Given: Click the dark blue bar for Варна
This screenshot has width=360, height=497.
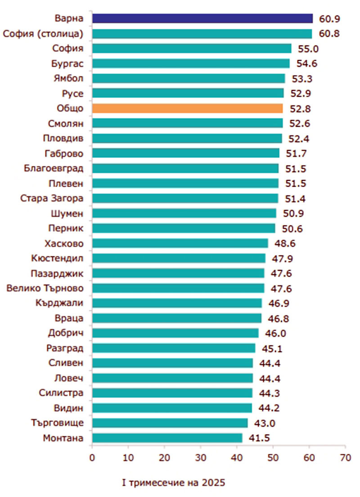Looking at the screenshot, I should point(202,18).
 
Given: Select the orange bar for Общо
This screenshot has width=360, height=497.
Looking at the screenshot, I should point(187,108).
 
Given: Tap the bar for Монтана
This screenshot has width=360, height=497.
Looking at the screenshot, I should point(167,438).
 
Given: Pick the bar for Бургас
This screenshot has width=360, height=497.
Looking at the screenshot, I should point(191,63).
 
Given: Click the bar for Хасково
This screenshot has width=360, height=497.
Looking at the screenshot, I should point(180,243).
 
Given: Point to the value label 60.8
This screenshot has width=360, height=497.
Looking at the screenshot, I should point(330,34).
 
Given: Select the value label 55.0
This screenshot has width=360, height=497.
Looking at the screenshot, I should point(309,49).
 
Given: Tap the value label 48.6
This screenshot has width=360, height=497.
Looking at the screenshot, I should point(286,243).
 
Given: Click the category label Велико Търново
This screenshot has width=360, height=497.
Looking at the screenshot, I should point(45,288).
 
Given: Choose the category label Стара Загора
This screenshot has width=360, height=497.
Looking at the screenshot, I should point(52,198).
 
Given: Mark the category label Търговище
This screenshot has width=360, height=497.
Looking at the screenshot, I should point(58,423).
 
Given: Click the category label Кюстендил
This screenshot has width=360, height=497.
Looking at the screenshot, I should point(58,258).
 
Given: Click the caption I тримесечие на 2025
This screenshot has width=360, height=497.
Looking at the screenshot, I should point(174,483).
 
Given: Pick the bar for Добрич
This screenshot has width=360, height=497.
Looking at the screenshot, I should point(175,333).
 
